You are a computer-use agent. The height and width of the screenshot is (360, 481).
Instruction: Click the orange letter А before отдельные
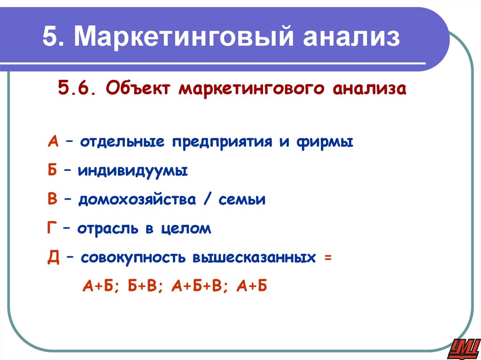(x=53, y=142)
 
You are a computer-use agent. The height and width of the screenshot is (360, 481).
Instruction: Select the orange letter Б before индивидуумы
(x=52, y=171)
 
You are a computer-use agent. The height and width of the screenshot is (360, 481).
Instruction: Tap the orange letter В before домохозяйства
(x=52, y=200)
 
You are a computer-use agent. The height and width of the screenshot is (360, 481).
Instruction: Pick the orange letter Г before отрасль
(x=52, y=229)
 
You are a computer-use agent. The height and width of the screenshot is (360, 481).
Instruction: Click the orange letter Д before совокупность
(x=53, y=258)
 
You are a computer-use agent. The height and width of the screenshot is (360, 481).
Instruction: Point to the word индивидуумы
(x=133, y=171)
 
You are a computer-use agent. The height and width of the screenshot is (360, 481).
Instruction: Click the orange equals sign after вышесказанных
(x=327, y=258)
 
